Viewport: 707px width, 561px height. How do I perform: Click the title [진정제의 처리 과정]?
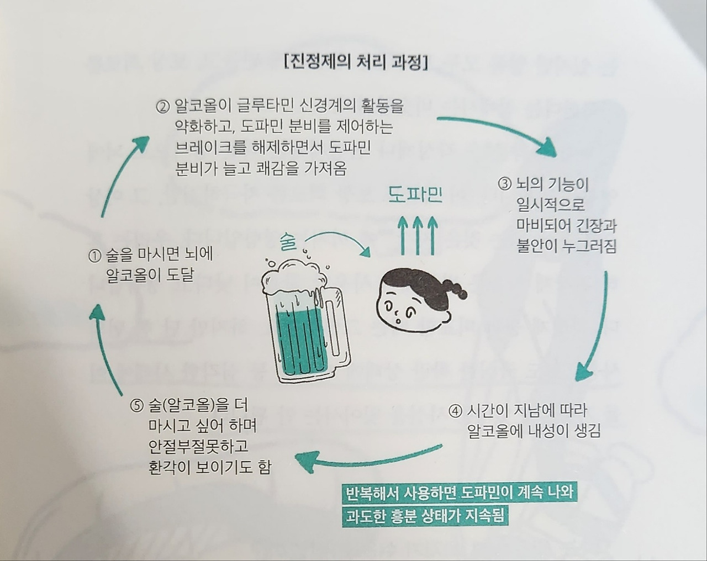[x=356, y=63]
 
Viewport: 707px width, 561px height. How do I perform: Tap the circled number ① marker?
[x=94, y=256]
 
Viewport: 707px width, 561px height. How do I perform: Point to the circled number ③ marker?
[x=505, y=185]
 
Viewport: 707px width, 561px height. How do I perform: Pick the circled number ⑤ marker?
[x=136, y=406]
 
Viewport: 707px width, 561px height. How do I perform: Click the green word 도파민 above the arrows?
[x=415, y=195]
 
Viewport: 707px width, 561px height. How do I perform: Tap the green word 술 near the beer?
[x=288, y=242]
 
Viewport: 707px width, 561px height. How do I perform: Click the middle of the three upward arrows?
[x=418, y=235]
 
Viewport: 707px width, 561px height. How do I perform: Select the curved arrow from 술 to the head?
[x=339, y=236]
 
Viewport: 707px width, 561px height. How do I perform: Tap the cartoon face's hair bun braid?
[x=455, y=288]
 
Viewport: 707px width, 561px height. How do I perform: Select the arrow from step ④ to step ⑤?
[x=368, y=462]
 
